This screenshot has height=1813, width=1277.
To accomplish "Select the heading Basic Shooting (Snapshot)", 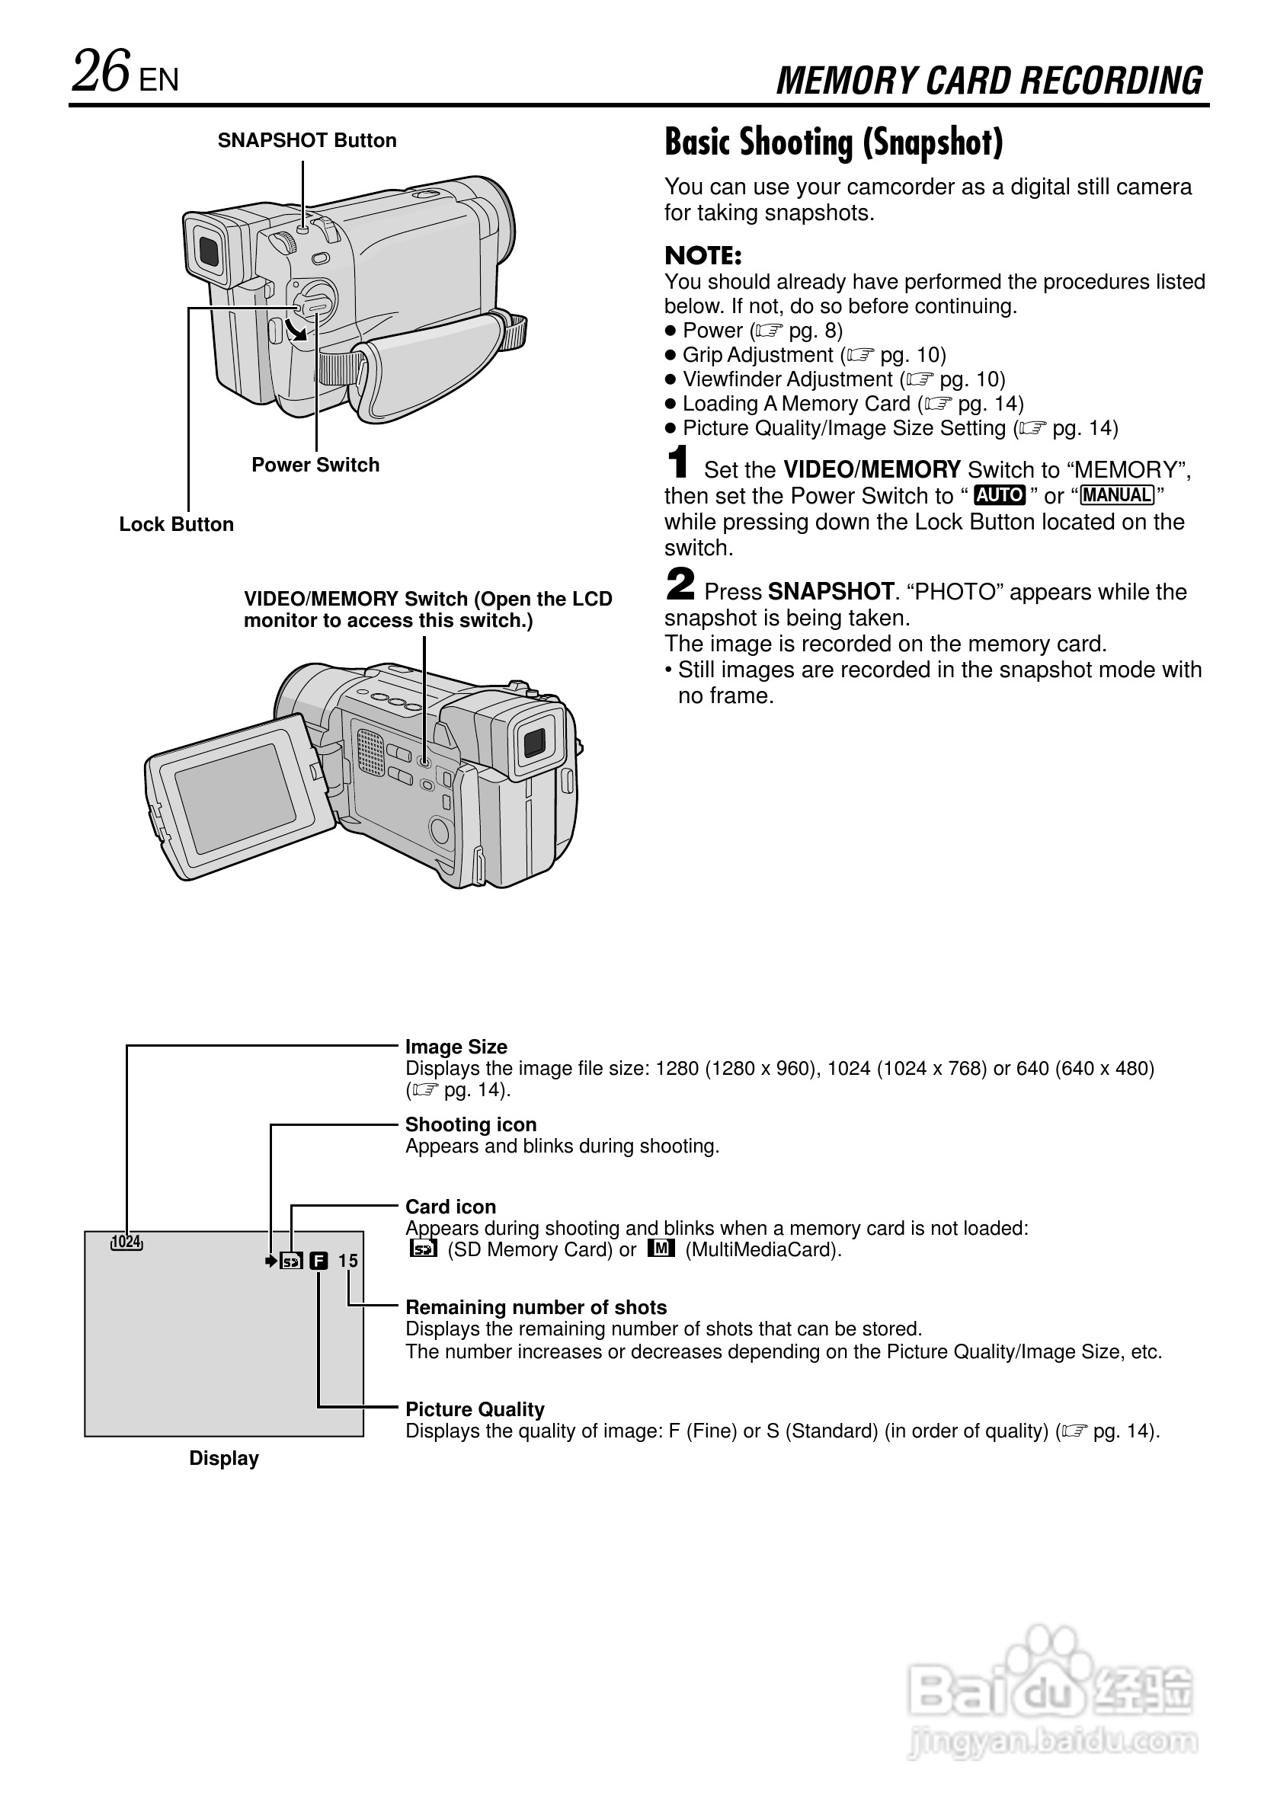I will pos(833,143).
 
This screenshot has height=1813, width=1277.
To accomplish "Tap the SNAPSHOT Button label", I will pos(307,141).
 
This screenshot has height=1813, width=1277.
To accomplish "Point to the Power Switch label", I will pos(315,465).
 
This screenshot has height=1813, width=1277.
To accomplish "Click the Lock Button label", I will pos(176,524).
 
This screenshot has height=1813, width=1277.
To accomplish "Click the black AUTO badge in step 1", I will pos(999,495).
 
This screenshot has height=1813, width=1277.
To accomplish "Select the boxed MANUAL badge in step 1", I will pos(1117,495).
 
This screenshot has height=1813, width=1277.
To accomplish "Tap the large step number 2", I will pos(680,585).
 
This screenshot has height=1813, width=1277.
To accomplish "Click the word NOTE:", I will pos(703,256).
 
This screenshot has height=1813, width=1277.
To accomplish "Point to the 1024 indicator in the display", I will pos(126,1242).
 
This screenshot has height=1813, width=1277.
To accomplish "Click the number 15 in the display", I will pos(347,1261).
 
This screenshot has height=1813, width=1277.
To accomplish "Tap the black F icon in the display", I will pos(318,1261).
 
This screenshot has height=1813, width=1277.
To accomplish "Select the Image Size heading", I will pos(456,1047).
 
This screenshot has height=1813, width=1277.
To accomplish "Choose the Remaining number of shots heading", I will pos(536,1308).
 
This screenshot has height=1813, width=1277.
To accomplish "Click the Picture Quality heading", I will pos(475,1409).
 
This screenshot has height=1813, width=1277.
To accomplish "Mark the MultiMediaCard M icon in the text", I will pos(661,1249).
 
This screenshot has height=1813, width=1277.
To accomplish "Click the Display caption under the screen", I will pos(223,1459).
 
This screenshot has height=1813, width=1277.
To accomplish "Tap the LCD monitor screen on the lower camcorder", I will pos(234,798).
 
